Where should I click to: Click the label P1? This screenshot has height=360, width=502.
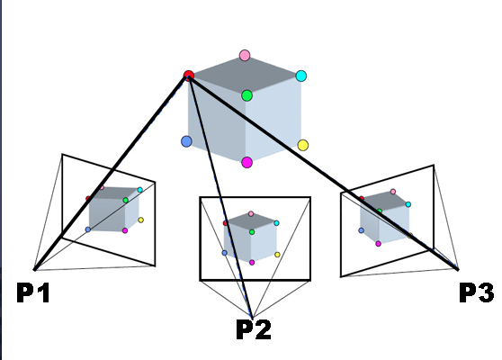click(33, 292)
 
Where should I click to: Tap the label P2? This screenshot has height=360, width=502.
click(254, 329)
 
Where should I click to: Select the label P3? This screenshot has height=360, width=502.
click(477, 292)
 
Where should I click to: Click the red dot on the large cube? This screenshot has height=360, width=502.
click(189, 76)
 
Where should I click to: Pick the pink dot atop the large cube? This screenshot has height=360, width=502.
click(245, 56)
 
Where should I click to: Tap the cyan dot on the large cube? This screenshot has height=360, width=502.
click(301, 76)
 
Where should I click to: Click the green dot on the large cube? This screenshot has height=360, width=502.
click(247, 95)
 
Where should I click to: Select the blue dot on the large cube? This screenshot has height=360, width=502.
click(186, 141)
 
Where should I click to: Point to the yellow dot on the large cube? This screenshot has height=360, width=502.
click(302, 145)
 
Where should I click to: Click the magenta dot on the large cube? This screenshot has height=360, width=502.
click(247, 162)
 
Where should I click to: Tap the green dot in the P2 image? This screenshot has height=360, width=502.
click(252, 232)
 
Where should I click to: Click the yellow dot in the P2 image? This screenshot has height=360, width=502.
click(277, 255)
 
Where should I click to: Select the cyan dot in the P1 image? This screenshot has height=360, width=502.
click(140, 190)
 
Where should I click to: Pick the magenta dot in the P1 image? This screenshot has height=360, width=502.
click(125, 230)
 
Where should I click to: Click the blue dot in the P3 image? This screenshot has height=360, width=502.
click(361, 230)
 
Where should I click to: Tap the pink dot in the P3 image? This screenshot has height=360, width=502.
click(393, 192)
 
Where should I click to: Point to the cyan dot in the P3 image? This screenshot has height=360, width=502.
click(408, 204)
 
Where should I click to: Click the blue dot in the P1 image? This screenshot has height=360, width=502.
click(88, 229)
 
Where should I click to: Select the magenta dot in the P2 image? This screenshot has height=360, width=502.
click(252, 262)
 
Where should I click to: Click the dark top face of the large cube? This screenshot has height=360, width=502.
click(246, 76)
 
